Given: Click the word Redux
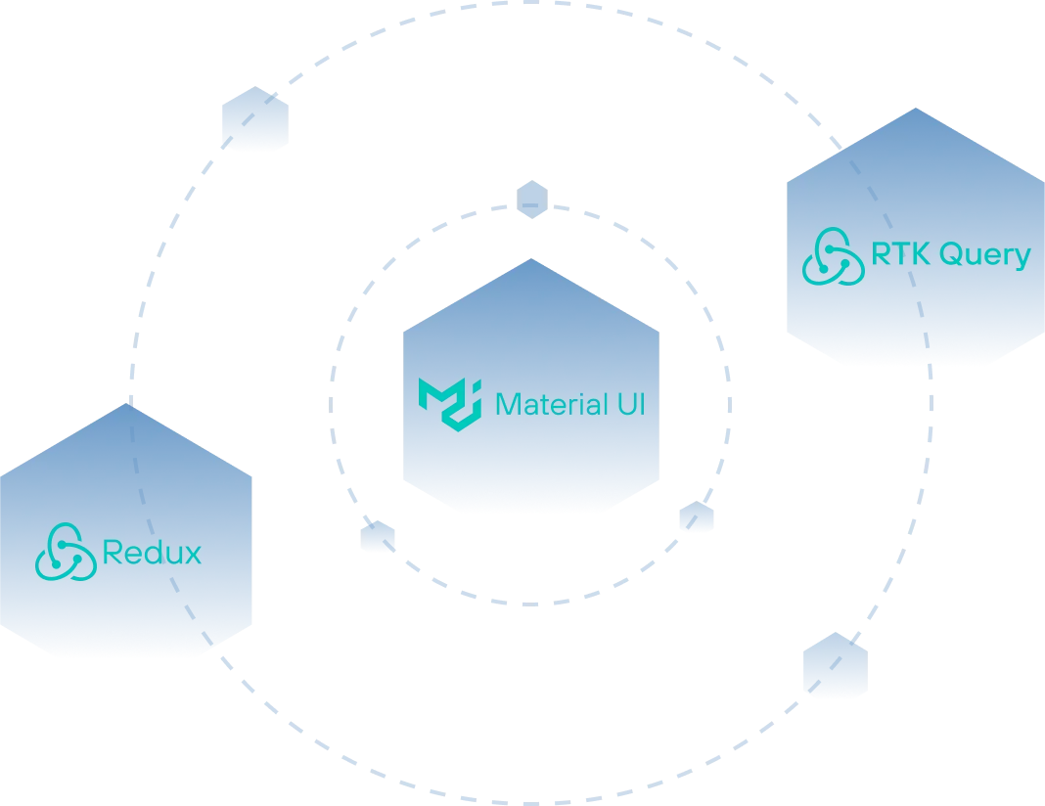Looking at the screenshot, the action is click(x=152, y=553).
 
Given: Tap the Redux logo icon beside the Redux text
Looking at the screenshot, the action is click(x=66, y=552).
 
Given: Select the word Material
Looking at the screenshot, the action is click(x=551, y=404).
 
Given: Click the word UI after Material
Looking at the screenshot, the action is click(x=632, y=404).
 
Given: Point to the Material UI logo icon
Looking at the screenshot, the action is click(x=450, y=404).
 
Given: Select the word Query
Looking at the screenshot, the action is click(x=985, y=256).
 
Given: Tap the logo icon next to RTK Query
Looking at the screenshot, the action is click(x=833, y=256).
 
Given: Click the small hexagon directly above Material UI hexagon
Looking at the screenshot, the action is click(x=532, y=200).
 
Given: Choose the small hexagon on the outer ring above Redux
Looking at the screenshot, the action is click(x=255, y=118).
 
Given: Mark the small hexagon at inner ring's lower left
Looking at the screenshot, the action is click(x=378, y=536).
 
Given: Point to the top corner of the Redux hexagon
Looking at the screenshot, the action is click(x=126, y=403).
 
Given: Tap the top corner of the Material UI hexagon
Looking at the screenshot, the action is click(x=531, y=258).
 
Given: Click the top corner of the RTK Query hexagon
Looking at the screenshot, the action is click(x=916, y=108).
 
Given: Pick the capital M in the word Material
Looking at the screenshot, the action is click(x=508, y=404).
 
